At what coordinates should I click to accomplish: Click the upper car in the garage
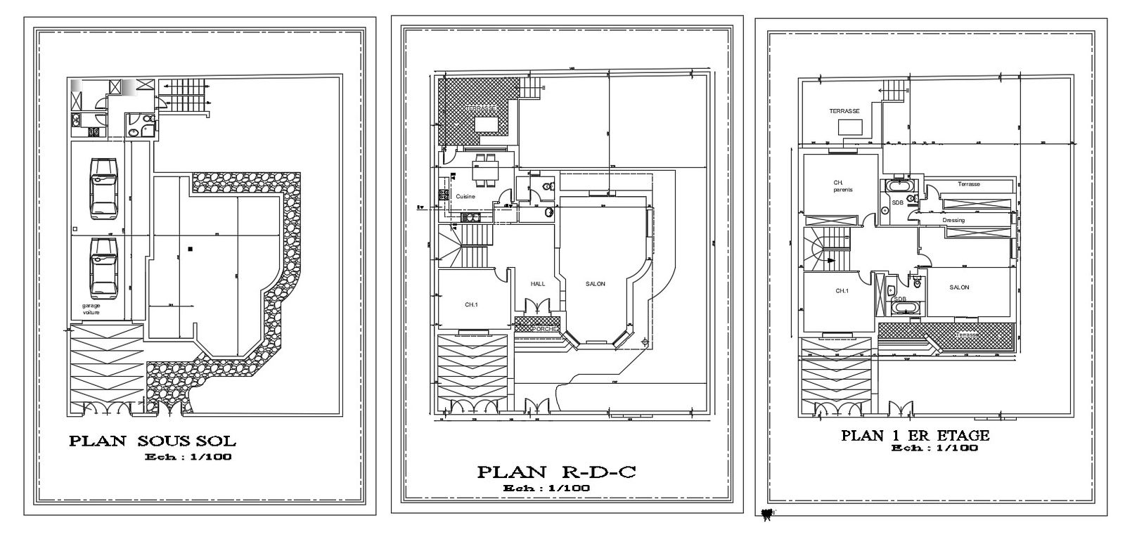point(103,188)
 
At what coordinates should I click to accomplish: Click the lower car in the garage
point(103,268)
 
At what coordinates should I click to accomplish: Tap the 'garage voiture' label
point(91,309)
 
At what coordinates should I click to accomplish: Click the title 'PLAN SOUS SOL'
point(152,441)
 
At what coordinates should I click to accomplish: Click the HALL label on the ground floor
point(539,284)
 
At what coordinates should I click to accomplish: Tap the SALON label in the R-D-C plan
point(596,284)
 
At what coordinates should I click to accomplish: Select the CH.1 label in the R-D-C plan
point(472,304)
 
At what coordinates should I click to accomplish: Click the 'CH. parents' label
point(837,186)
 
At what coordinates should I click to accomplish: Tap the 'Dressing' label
point(954,220)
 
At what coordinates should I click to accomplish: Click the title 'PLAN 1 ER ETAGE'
point(915,436)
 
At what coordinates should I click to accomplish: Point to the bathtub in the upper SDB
point(899,186)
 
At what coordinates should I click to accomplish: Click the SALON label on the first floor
point(959,287)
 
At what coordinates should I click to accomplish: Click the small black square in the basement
point(190,248)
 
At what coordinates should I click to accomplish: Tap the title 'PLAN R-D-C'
point(556,472)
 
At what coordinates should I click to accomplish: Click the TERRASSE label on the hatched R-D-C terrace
point(480,108)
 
